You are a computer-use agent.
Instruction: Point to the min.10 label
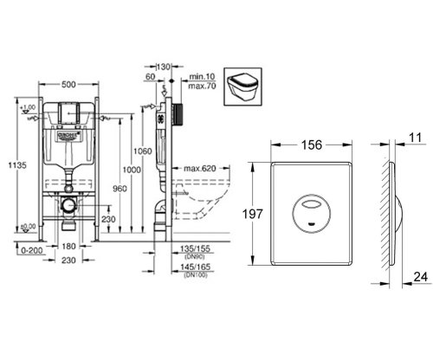tap(202, 77)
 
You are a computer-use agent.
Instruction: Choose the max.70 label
tap(202, 87)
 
